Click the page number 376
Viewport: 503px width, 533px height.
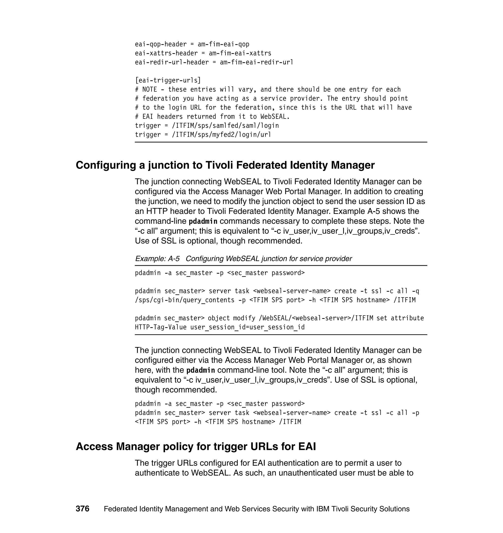82,509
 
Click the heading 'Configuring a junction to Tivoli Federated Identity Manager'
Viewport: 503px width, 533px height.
225,165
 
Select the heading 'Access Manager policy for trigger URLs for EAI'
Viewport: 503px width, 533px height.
196,446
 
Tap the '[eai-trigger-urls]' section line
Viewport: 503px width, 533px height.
168,80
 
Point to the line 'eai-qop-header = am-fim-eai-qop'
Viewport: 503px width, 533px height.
192,44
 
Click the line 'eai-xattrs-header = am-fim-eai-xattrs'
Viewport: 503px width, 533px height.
203,53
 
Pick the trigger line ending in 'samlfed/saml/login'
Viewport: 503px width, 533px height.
207,126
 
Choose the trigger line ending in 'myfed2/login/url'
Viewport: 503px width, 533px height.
203,134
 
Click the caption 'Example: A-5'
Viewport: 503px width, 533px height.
157,259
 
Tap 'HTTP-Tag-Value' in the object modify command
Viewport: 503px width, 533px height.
161,327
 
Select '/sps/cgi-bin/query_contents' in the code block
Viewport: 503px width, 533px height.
184,300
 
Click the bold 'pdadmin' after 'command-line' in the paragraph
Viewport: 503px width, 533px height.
203,222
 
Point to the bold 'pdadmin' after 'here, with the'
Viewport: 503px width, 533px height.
201,370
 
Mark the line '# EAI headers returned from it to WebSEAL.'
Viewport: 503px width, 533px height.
212,117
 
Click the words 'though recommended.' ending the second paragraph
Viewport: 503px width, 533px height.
176,390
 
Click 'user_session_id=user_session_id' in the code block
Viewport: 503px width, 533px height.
248,327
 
